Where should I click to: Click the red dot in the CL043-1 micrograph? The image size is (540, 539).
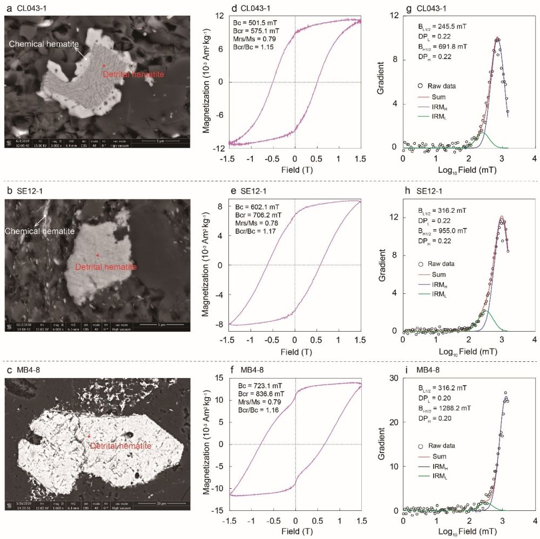(x=104, y=65)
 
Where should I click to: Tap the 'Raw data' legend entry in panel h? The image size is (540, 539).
(x=443, y=264)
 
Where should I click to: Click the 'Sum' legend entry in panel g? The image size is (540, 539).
(x=436, y=97)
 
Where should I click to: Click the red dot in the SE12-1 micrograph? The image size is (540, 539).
(x=97, y=254)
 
